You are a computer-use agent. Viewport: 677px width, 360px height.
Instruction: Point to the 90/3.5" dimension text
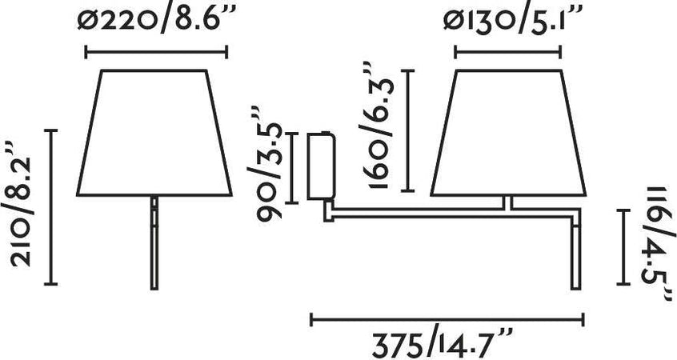point(265,164)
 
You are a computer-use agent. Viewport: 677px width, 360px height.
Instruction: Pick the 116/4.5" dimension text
point(659,242)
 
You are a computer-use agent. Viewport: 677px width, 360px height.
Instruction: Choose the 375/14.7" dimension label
point(442,343)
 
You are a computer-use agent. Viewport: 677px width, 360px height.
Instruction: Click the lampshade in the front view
point(154,133)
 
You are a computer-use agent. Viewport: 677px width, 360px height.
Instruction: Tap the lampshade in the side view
point(508,133)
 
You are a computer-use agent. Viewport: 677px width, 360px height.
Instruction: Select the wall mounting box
point(320,166)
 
